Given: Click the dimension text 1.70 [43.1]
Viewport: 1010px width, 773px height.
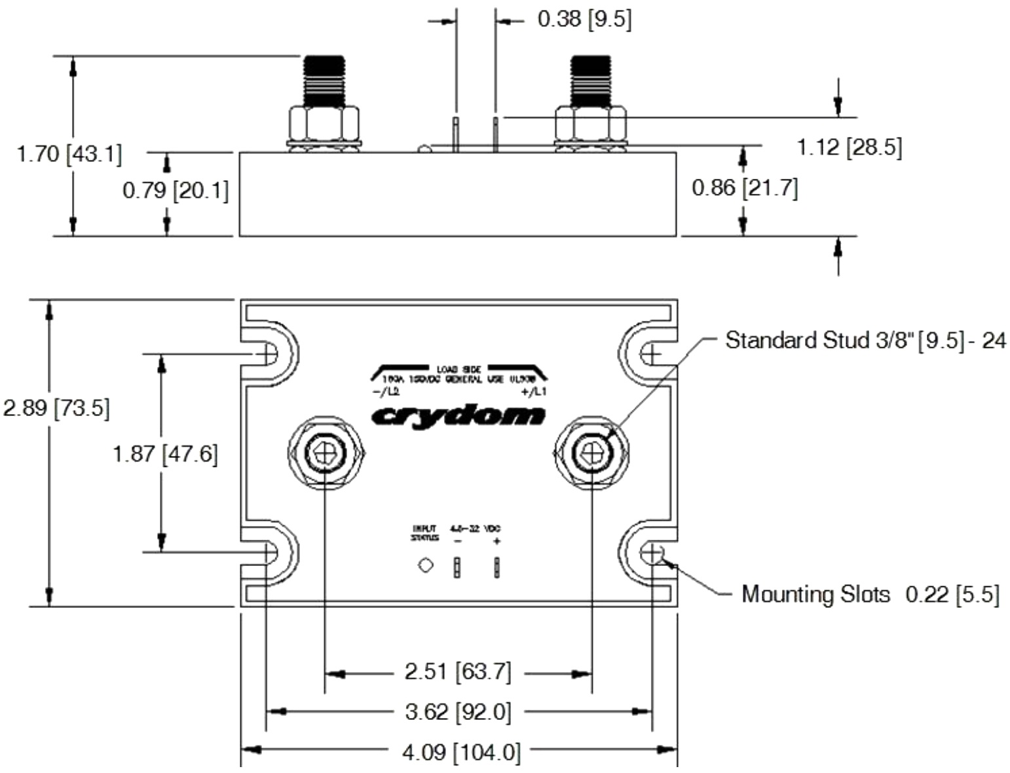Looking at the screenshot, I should pos(69,155).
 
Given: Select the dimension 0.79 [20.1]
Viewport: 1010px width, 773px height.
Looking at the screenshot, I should pos(176,191).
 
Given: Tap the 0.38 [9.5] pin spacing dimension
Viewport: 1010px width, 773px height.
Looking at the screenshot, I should pos(584,20).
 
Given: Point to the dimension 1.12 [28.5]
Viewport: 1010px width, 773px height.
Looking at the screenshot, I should pos(849,147).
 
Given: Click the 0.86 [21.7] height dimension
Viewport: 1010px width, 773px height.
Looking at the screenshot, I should pos(745,189).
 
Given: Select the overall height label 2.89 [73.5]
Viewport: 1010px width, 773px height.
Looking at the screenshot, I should pos(56,409).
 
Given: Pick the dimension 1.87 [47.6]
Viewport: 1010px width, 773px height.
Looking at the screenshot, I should pos(165,454).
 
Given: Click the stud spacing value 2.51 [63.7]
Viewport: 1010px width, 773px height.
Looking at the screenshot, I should pos(458,672).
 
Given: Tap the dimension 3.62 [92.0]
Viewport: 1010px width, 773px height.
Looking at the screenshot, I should pos(458,712).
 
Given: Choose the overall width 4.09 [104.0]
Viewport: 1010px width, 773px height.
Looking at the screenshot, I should pos(461,752).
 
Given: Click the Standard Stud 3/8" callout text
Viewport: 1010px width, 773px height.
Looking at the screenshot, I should pos(865,341).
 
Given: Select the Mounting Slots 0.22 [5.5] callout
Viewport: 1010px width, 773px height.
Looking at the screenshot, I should pos(870,595).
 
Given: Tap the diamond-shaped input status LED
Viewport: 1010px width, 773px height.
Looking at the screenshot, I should pos(426,565).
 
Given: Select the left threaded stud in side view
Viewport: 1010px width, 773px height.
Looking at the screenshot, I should pos(324,81).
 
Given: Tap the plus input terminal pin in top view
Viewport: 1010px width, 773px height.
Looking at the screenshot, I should pos(496,567).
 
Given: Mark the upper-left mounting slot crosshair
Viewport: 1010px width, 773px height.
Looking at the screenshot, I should pos(268,354).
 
